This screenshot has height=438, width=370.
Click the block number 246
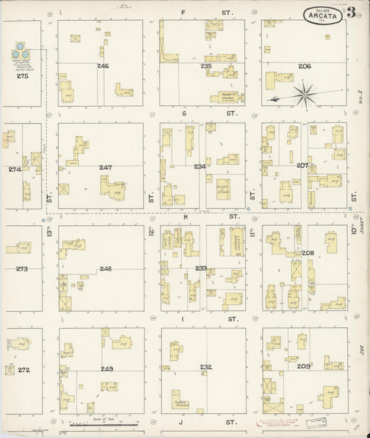[x=103, y=67]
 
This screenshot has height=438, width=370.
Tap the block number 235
[x=205, y=67]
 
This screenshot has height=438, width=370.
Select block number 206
[x=304, y=67]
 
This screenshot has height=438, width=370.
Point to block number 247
[x=106, y=168]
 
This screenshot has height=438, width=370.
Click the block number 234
[x=200, y=166]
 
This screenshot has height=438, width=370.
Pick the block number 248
[x=106, y=269]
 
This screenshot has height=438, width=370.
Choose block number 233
[x=201, y=268]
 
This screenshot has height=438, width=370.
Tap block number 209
[x=303, y=366]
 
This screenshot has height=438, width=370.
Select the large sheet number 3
[x=352, y=12]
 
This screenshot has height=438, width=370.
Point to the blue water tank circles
[x=22, y=51]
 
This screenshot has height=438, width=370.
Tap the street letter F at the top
[x=183, y=12]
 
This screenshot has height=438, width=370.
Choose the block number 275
[x=22, y=76]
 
